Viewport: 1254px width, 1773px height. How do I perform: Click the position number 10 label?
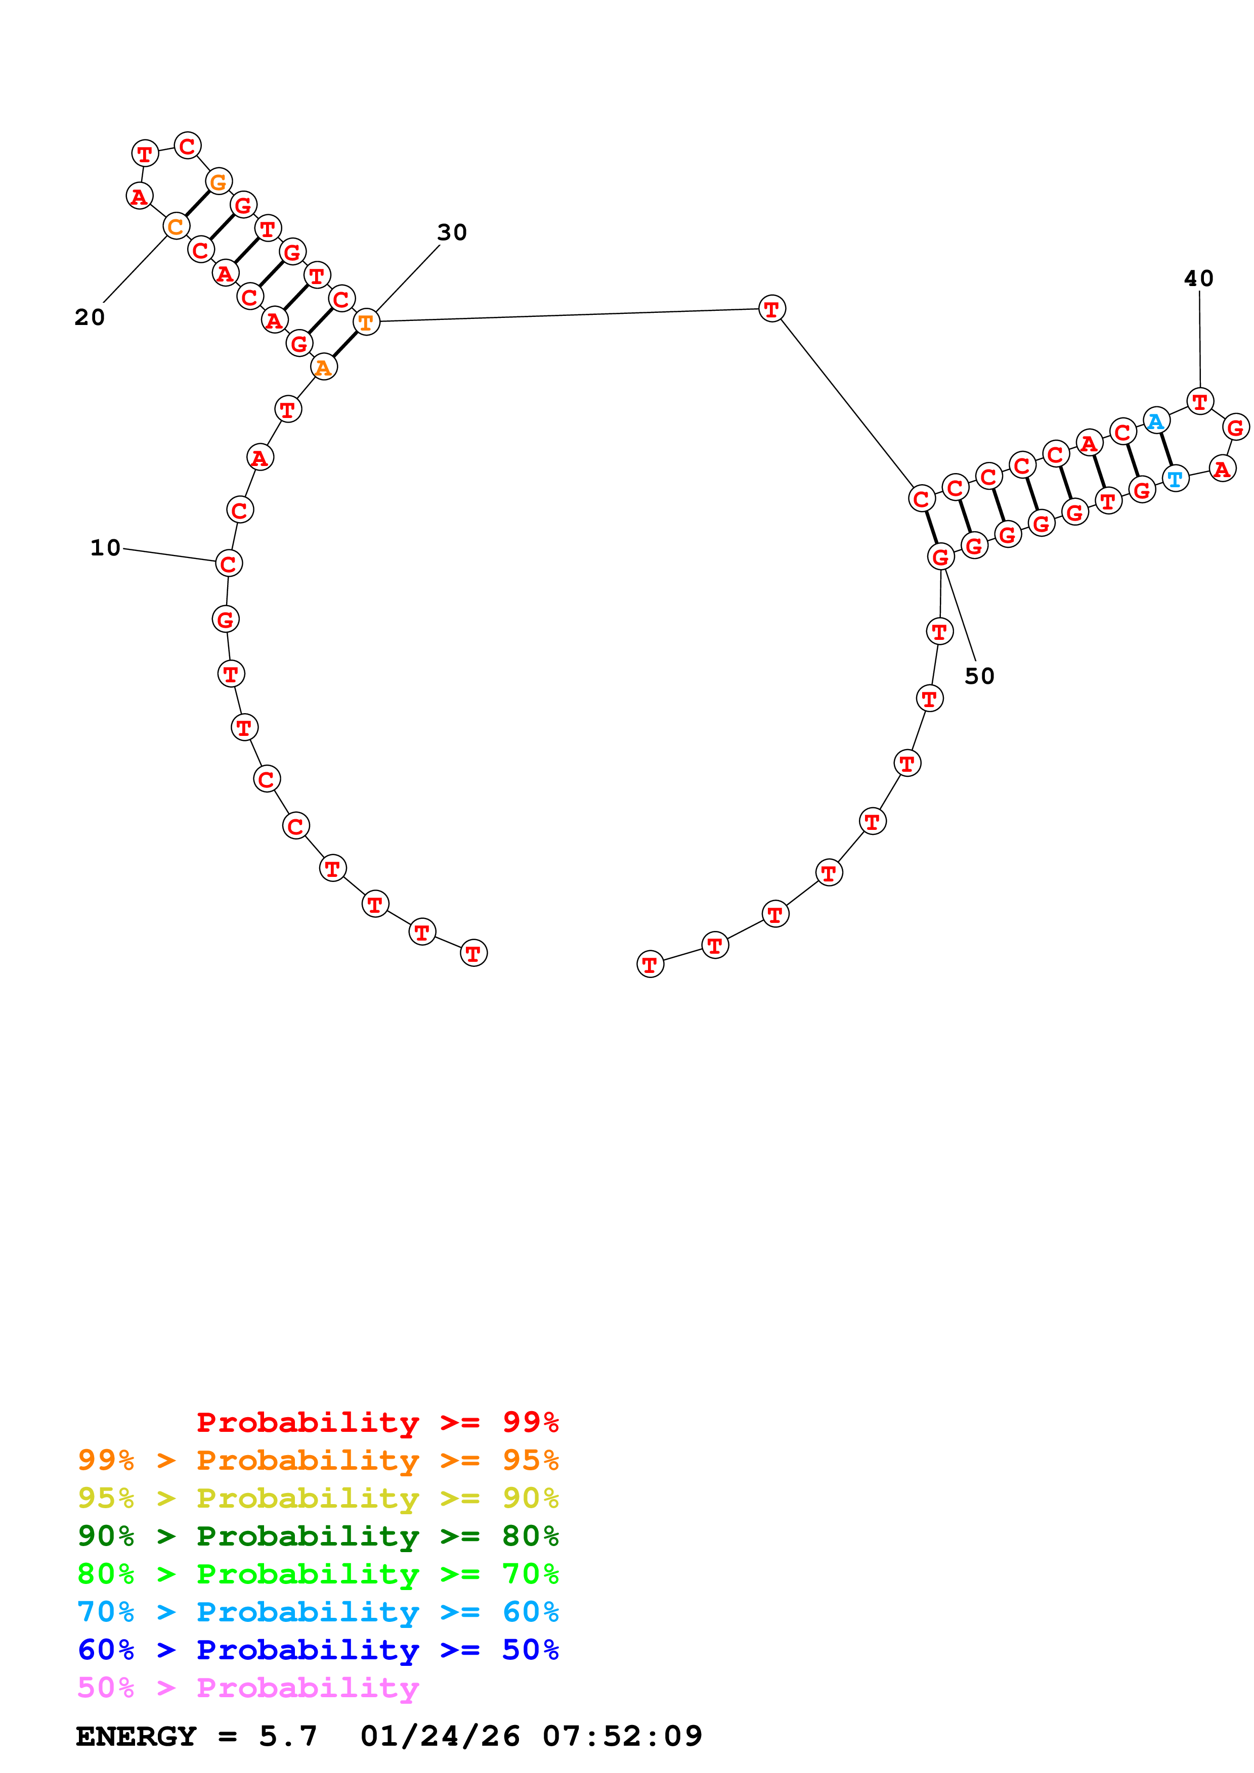coord(106,548)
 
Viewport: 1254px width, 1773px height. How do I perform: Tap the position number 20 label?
coord(90,317)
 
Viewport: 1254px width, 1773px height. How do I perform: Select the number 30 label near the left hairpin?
coord(452,232)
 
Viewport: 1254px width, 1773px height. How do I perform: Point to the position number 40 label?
coord(1198,279)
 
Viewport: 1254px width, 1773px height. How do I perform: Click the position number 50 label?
coord(979,676)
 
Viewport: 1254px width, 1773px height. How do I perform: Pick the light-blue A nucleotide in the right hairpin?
coord(1155,422)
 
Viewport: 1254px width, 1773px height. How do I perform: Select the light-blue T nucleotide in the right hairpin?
coord(1175,479)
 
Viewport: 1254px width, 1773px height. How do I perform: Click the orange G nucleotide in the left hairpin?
coord(219,182)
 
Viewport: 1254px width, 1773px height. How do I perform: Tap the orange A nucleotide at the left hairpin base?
coord(324,367)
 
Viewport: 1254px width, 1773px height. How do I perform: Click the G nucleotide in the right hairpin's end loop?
coord(1235,427)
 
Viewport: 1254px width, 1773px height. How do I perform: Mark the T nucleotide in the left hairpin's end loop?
coord(145,154)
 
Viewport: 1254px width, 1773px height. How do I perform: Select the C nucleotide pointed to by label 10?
coord(229,564)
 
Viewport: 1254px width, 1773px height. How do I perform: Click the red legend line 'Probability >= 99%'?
coord(377,1422)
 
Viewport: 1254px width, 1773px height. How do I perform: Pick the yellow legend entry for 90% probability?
coord(318,1498)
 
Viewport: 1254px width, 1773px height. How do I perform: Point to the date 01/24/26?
coord(440,1736)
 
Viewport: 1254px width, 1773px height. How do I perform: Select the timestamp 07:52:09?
coord(622,1736)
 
